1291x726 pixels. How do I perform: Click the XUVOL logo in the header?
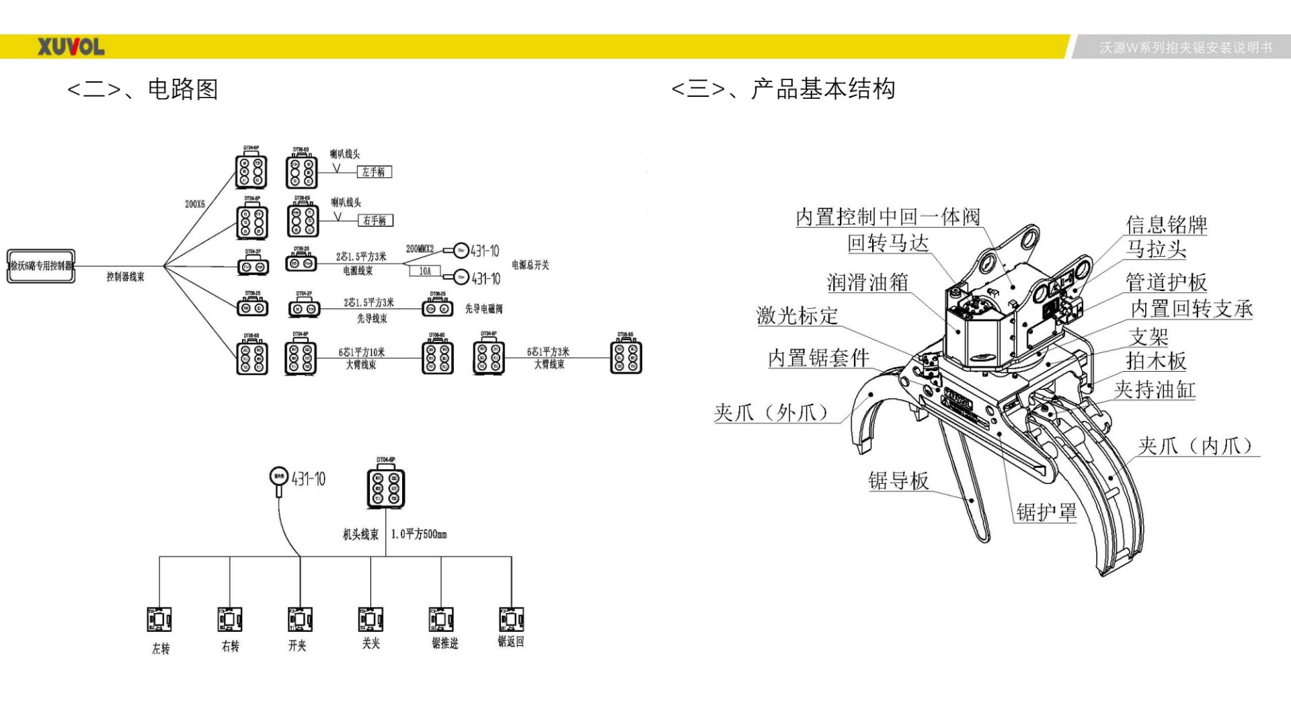71,47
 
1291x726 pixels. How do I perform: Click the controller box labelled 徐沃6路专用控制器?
41,266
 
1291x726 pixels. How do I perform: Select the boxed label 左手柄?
374,172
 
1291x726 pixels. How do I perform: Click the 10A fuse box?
425,271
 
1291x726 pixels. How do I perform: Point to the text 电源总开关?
531,265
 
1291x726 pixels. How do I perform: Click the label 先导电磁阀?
483,309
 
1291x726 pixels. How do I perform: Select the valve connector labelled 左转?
159,619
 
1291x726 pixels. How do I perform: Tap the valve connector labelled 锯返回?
511,619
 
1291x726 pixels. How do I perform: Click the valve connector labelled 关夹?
370,619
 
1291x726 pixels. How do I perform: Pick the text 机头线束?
360,534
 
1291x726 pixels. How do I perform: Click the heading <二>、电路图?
143,89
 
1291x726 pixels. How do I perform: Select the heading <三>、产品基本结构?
783,89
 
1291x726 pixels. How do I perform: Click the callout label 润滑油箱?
867,282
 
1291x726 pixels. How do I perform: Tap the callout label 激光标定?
797,315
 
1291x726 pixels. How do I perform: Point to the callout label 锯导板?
898,481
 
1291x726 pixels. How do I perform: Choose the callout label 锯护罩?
1046,512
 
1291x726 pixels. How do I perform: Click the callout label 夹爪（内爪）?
1197,446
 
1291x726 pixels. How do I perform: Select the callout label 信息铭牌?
1167,225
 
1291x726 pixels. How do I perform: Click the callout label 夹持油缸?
1155,389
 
